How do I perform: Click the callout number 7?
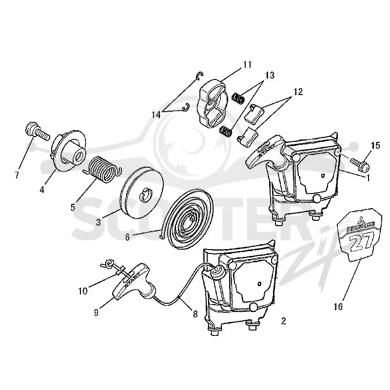pyautogui.click(x=17, y=175)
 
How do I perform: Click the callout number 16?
pyautogui.click(x=338, y=307)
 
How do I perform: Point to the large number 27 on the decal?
pyautogui.click(x=361, y=241)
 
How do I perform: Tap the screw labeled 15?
pyautogui.click(x=360, y=162)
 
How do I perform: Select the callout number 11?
pyautogui.click(x=247, y=65)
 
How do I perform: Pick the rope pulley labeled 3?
pyautogui.click(x=141, y=193)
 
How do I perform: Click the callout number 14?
pyautogui.click(x=156, y=115)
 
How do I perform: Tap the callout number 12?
pyautogui.click(x=298, y=92)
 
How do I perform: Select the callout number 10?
pyautogui.click(x=83, y=291)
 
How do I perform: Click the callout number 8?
pyautogui.click(x=195, y=314)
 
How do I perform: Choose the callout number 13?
pyautogui.click(x=270, y=75)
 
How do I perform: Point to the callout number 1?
pyautogui.click(x=368, y=177)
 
